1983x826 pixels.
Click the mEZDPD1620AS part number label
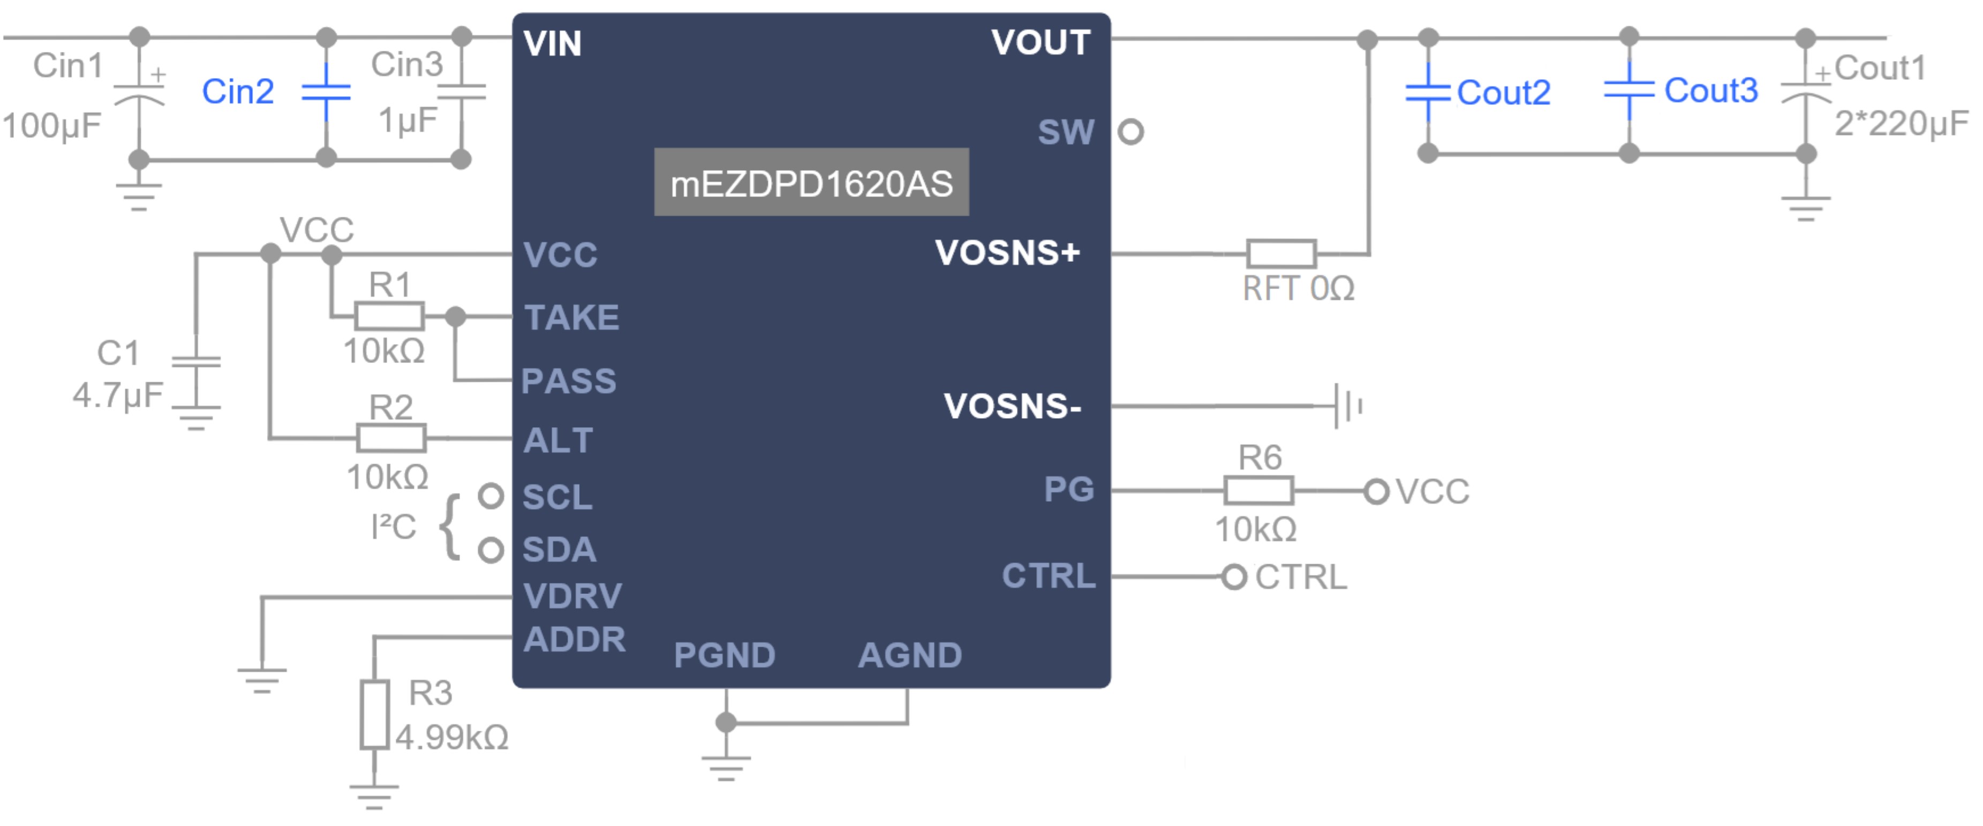coord(811,183)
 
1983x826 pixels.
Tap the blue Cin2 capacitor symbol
coord(327,93)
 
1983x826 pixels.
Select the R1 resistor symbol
coord(389,316)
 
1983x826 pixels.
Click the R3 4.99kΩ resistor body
coord(374,714)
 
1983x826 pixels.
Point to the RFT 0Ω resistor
coord(1281,253)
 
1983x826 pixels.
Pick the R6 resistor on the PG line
coord(1258,490)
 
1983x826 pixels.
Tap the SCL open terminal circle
coord(491,496)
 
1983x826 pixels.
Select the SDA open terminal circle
coord(491,550)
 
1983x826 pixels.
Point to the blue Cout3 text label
coord(1710,91)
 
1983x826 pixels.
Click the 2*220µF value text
coord(1901,123)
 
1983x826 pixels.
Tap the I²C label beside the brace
coord(394,527)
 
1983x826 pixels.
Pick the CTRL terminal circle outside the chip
coord(1233,577)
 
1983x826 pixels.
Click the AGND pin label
coord(910,655)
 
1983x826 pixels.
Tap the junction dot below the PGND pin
coord(725,722)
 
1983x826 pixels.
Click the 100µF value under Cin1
coord(51,125)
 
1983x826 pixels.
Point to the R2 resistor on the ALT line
coord(391,438)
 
